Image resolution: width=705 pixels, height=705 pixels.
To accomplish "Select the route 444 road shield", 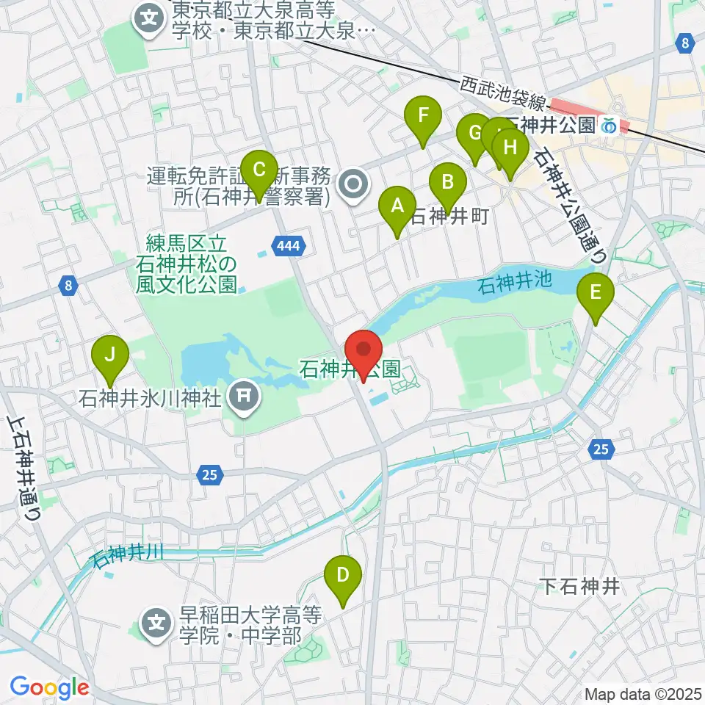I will pos(289,247).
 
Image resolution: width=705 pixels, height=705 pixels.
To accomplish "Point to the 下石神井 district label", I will pos(580,586).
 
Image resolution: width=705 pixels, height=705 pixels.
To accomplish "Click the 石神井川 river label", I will pos(126,554).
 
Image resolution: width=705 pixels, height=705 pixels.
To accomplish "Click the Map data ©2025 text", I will pos(643,693).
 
